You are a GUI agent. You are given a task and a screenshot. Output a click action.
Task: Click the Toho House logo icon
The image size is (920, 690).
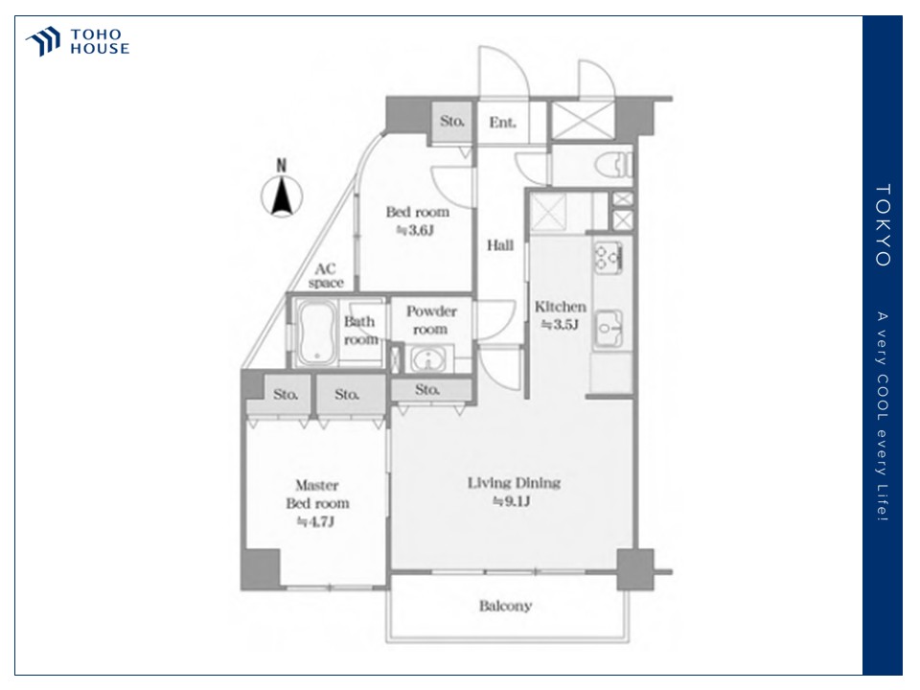tap(43, 41)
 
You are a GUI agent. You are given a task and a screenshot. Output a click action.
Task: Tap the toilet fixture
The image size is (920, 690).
tap(614, 164)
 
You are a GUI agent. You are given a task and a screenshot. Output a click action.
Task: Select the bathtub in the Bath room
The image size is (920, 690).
tap(316, 332)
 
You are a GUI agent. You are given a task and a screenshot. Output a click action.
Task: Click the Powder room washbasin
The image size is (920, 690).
tap(427, 358)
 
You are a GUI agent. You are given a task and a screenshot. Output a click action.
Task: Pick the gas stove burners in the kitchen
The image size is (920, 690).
tap(609, 257)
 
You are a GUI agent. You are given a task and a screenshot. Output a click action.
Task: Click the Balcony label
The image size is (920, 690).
tap(505, 606)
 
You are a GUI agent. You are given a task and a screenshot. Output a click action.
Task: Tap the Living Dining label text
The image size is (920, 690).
tap(514, 483)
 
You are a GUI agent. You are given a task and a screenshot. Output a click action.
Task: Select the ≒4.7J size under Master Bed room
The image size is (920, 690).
tap(315, 521)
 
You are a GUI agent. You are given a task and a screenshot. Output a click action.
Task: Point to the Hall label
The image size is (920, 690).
tap(500, 245)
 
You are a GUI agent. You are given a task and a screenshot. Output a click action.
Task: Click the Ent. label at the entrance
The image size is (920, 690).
tap(503, 122)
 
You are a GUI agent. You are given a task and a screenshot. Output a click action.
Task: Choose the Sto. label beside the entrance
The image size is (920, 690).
tap(451, 122)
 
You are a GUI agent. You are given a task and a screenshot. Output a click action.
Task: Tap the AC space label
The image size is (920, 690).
tap(326, 276)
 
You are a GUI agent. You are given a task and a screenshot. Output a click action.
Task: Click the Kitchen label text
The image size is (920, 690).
tap(561, 307)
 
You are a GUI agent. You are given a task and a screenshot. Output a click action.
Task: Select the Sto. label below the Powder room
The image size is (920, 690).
tap(427, 389)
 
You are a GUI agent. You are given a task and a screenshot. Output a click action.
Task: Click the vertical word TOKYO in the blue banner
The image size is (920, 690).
tap(883, 225)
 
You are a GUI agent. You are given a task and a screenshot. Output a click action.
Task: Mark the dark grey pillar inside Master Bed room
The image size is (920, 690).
tap(261, 568)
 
